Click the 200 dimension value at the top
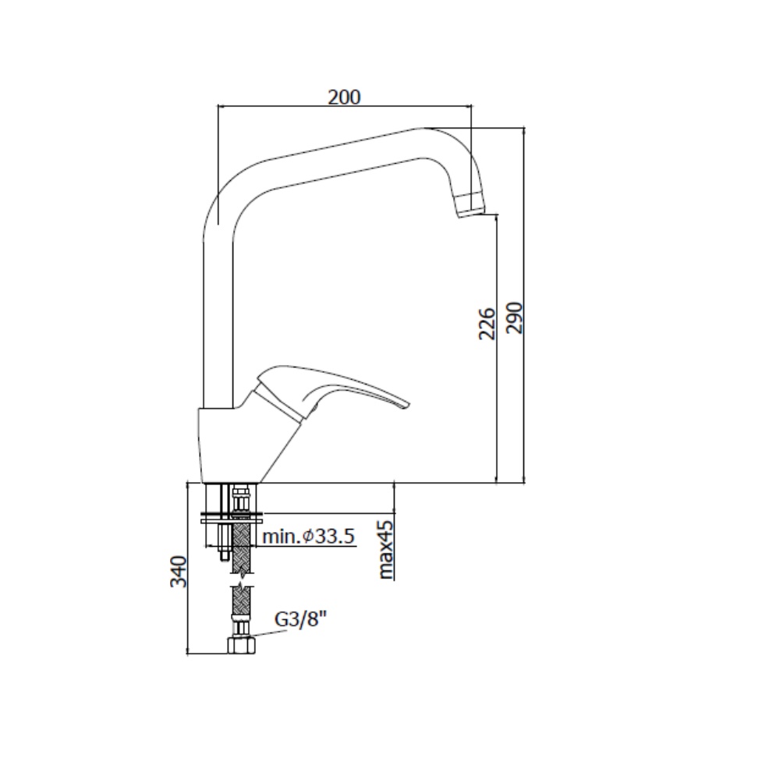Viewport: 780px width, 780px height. [x=344, y=97]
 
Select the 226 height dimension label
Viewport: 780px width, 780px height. [x=487, y=324]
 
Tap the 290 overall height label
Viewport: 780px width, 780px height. [x=514, y=318]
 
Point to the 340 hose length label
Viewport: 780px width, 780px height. [x=178, y=572]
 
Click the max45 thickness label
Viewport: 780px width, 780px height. [x=385, y=550]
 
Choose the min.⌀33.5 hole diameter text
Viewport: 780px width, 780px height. [x=308, y=537]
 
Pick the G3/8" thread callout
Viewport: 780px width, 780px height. [x=300, y=619]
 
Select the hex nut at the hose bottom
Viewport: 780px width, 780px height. [x=241, y=646]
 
